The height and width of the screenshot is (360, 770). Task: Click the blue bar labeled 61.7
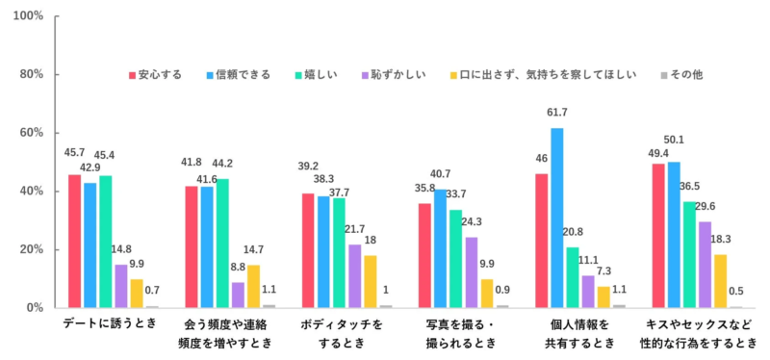[556, 218]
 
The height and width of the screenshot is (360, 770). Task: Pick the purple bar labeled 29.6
[705, 264]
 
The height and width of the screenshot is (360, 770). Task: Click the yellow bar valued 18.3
[720, 280]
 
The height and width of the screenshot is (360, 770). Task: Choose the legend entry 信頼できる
[236, 74]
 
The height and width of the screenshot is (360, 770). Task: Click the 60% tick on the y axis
[32, 133]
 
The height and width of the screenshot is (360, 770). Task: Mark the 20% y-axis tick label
[32, 249]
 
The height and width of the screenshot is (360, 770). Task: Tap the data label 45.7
[74, 153]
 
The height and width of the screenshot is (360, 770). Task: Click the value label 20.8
[572, 232]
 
